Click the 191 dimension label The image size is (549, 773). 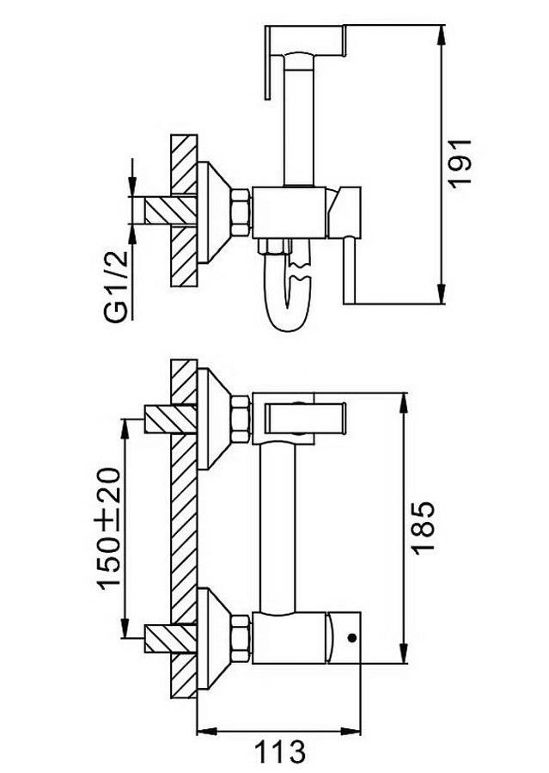(461, 163)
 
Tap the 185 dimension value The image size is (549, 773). (423, 528)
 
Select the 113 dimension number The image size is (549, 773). (280, 752)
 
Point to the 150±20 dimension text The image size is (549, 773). (108, 528)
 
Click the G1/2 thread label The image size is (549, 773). (116, 286)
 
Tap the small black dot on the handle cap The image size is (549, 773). (351, 638)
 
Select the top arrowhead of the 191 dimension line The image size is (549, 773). (442, 34)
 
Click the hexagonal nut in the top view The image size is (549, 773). (242, 212)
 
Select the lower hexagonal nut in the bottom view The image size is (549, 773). (242, 638)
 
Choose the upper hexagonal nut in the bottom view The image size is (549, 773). (242, 419)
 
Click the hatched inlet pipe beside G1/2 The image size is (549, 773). (170, 210)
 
